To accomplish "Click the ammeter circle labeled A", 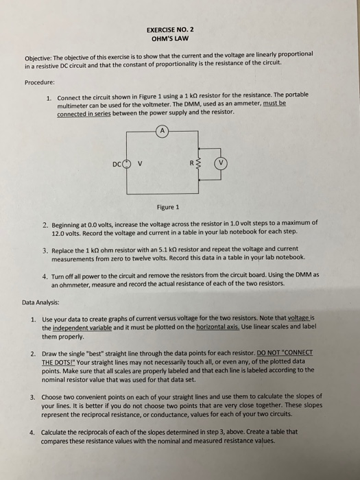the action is coord(163,128).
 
